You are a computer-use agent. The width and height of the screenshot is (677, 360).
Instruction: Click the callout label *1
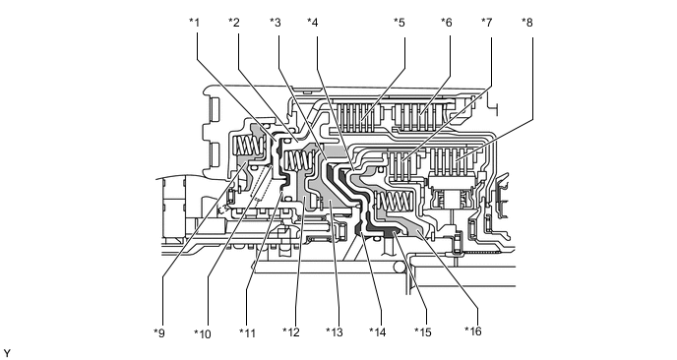(194, 23)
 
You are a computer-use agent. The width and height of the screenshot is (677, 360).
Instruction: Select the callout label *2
(234, 23)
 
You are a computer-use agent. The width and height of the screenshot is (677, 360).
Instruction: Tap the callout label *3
(276, 23)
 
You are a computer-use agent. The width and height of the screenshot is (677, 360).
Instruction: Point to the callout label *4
(313, 23)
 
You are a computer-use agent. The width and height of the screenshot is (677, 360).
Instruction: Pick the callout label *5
(400, 23)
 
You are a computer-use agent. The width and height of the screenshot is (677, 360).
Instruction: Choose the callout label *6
(447, 23)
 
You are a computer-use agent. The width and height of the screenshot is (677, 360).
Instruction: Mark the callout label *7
(487, 23)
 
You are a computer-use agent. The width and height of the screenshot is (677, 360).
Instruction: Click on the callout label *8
(527, 23)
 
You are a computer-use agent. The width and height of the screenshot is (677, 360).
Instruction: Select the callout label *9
(159, 332)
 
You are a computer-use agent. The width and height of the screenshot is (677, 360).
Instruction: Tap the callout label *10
(203, 333)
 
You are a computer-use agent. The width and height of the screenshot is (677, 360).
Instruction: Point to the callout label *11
(248, 332)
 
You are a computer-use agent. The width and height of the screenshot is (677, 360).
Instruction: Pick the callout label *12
(291, 332)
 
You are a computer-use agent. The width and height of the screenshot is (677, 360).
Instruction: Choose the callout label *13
(335, 332)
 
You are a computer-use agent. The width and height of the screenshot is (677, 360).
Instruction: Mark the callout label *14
(378, 332)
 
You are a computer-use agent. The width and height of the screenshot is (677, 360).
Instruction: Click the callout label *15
(423, 332)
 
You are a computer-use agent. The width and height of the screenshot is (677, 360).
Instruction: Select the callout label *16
(473, 331)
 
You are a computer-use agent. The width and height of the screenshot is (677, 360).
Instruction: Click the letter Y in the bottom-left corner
(7, 353)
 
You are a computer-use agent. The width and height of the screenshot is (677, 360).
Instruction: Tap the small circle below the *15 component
(400, 269)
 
